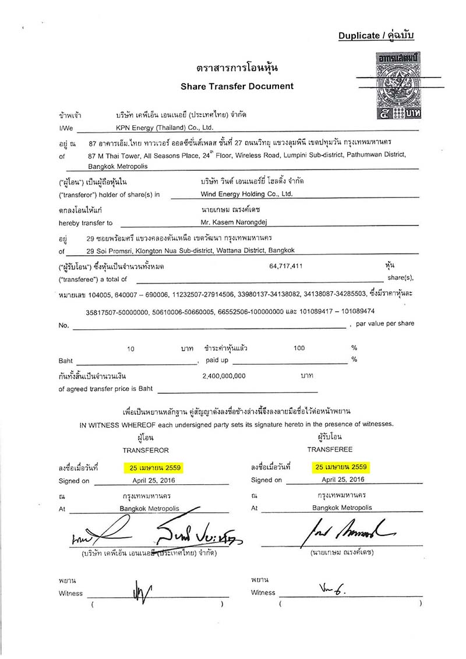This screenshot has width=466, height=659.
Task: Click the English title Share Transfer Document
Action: (x=237, y=86)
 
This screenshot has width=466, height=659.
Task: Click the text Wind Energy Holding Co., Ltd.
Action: (x=246, y=193)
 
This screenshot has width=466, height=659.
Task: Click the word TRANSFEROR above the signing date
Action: (x=146, y=450)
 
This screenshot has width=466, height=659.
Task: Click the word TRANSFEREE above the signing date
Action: (x=330, y=450)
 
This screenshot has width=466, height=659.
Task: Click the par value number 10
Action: (x=131, y=348)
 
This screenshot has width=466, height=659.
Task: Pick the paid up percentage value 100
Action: (x=299, y=348)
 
